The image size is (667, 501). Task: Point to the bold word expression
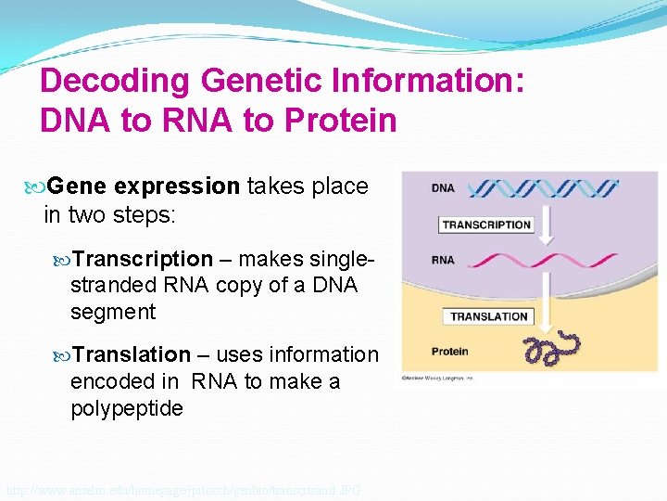click(x=177, y=186)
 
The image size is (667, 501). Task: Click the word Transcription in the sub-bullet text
click(x=143, y=259)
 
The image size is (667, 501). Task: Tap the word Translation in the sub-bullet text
click(x=132, y=354)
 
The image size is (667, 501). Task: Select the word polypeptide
click(x=127, y=408)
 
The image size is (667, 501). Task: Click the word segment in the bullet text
click(x=113, y=313)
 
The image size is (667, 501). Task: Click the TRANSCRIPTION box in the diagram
click(x=485, y=225)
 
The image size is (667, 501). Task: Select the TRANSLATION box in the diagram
click(x=488, y=316)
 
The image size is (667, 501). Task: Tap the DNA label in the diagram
click(x=443, y=188)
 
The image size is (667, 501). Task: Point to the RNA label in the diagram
click(x=443, y=260)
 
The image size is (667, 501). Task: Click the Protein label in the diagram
click(x=449, y=352)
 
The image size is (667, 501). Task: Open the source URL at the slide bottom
click(x=182, y=489)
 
